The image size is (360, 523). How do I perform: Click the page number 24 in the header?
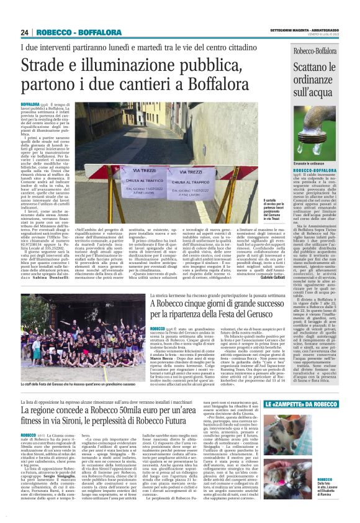pyautogui.click(x=25, y=32)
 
